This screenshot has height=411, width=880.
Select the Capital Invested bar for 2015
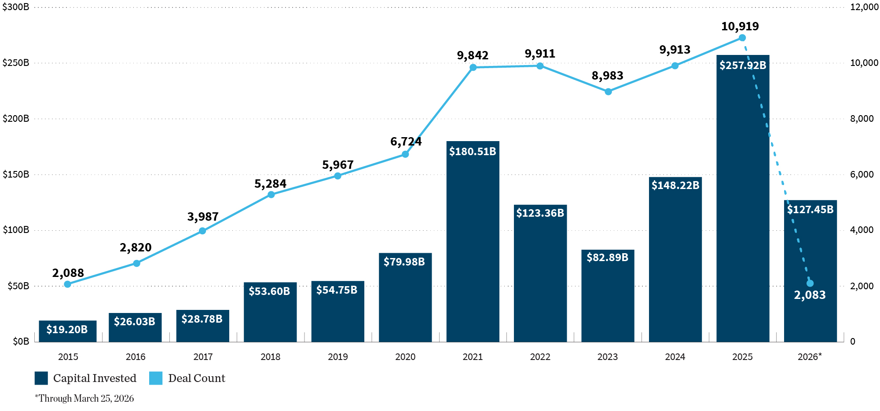(68, 331)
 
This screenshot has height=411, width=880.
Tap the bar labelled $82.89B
(608, 299)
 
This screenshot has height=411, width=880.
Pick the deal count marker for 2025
(742, 38)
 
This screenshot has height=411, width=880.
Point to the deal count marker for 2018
(271, 195)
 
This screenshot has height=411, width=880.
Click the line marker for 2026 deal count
(810, 284)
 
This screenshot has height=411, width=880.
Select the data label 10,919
(740, 26)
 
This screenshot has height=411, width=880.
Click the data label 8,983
(607, 76)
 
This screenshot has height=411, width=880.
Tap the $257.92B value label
(743, 65)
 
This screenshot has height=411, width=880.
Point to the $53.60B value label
(269, 291)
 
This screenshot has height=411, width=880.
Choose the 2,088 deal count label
(68, 273)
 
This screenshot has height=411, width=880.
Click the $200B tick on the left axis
(16, 119)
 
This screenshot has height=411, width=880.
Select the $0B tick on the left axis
(21, 342)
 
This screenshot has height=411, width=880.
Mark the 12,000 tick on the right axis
(864, 7)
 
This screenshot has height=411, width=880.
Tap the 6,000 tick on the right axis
(862, 175)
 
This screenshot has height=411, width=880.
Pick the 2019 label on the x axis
(337, 357)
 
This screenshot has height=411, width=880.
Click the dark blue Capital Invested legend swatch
(41, 378)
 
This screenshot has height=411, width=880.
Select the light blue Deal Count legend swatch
(156, 378)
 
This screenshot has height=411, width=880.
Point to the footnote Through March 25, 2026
(84, 398)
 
